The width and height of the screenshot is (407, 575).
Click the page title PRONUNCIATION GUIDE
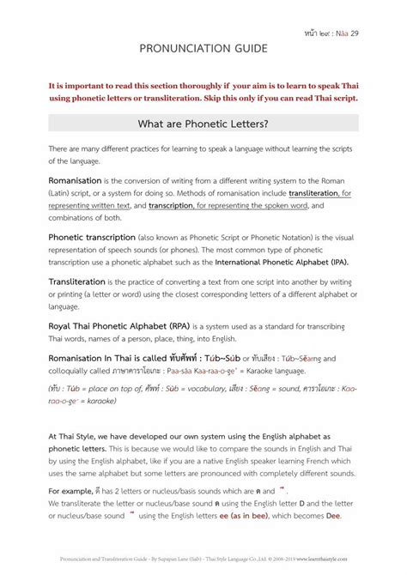(x=203, y=51)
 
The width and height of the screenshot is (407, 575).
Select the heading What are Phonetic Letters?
(x=203, y=123)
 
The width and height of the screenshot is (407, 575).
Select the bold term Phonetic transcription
(x=97, y=237)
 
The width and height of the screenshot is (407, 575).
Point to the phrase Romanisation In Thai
(x=94, y=358)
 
